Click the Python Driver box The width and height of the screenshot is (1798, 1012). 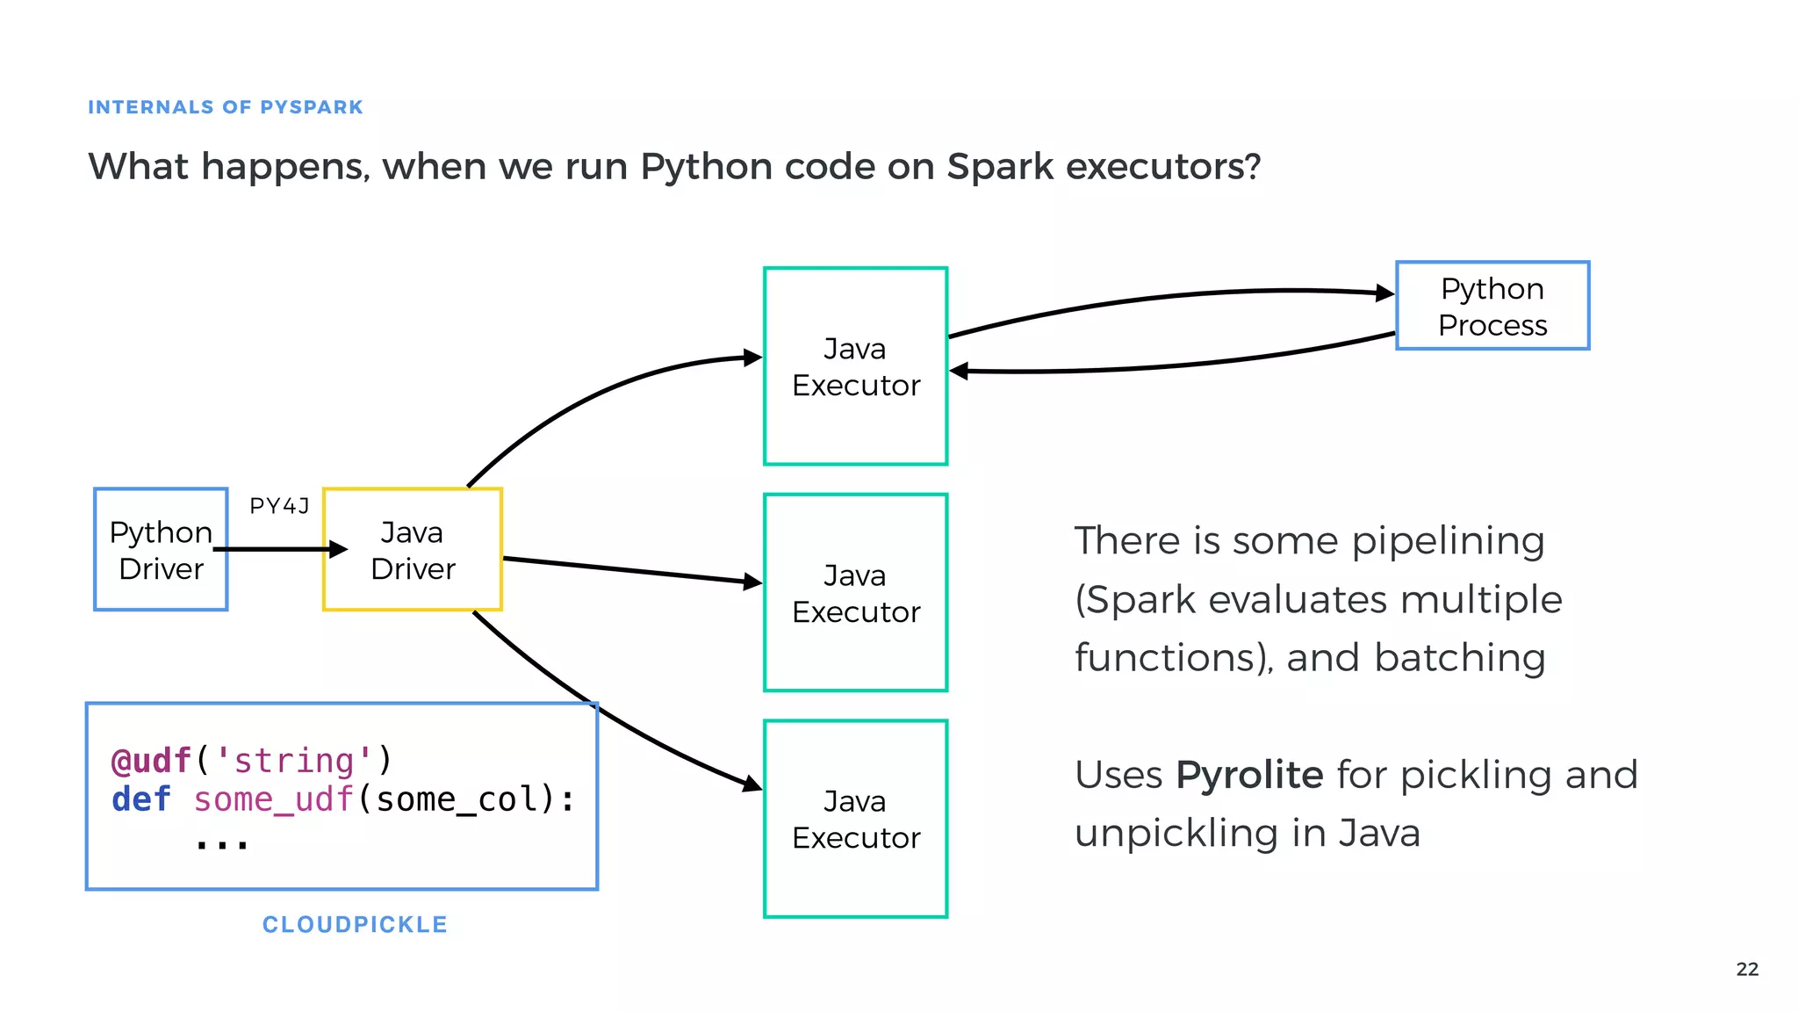tap(161, 550)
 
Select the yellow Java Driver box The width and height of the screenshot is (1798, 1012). tap(413, 550)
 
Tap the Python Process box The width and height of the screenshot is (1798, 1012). tap(1492, 306)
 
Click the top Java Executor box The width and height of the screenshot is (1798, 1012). tap(856, 366)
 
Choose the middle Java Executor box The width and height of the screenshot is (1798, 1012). tap(856, 593)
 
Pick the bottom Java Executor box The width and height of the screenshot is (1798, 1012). tap(856, 819)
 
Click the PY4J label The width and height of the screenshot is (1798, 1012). tap(279, 506)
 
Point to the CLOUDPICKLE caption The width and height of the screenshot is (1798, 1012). tap(355, 924)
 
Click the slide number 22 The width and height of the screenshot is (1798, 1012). tap(1747, 969)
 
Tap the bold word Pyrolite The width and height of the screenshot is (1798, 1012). tap(1249, 775)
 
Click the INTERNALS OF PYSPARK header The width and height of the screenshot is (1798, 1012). tap(226, 107)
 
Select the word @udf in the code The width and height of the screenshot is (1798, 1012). tap(151, 761)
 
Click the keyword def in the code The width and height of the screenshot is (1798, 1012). tap(140, 799)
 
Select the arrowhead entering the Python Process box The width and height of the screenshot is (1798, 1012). tap(1384, 293)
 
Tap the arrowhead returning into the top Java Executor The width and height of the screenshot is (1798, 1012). tap(960, 372)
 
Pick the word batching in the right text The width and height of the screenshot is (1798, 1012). tap(1459, 657)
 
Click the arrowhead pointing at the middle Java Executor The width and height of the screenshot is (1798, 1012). tap(752, 582)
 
